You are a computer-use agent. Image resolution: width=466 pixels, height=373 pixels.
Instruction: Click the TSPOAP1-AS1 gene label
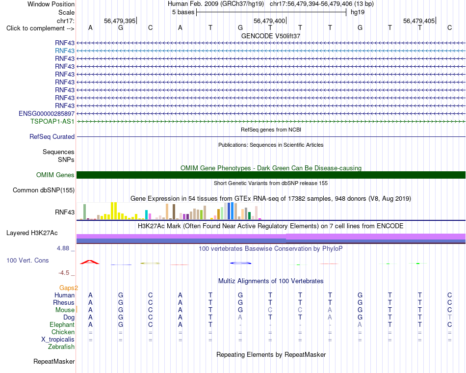pyautogui.click(x=52, y=121)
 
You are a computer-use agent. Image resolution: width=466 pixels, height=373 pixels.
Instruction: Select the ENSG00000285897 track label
pyautogui.click(x=47, y=114)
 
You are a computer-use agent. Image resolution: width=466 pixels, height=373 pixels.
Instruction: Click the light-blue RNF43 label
pyautogui.click(x=65, y=51)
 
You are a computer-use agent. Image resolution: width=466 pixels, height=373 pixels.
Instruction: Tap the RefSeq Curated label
pyautogui.click(x=52, y=136)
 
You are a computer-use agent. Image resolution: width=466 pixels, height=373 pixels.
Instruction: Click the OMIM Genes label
pyautogui.click(x=55, y=175)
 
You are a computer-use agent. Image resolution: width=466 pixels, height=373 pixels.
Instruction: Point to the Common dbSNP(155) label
pyautogui.click(x=44, y=190)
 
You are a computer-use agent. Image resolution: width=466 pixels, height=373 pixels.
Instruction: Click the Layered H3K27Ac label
pyautogui.click(x=32, y=233)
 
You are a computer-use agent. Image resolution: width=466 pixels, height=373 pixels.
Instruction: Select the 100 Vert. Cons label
pyautogui.click(x=27, y=260)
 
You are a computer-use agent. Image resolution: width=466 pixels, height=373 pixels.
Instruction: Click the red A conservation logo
pyautogui.click(x=90, y=262)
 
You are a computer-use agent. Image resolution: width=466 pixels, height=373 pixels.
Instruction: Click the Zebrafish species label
pyautogui.click(x=61, y=347)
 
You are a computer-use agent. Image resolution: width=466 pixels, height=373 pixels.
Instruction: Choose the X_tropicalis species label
pyautogui.click(x=58, y=340)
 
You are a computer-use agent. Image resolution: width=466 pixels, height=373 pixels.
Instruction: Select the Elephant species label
pyautogui.click(x=62, y=324)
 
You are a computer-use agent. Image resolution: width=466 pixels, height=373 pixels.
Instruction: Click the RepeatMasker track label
pyautogui.click(x=54, y=361)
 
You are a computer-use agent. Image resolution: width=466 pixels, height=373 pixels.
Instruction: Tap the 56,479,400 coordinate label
pyautogui.click(x=269, y=21)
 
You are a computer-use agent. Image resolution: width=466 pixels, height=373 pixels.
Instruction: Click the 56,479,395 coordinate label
pyautogui.click(x=120, y=21)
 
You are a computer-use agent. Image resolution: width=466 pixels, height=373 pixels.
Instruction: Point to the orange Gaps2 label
pyautogui.click(x=69, y=288)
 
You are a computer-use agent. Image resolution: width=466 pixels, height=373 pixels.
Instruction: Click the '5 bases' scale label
pyautogui.click(x=183, y=12)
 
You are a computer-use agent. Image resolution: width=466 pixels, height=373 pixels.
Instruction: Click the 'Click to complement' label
pyautogui.click(x=40, y=28)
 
